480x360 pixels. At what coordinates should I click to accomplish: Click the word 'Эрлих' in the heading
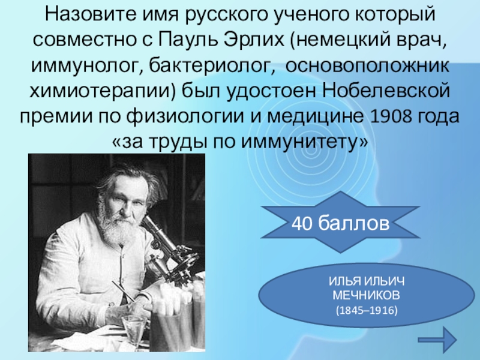click(254, 39)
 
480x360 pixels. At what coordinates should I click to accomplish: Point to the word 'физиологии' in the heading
click(201, 116)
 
